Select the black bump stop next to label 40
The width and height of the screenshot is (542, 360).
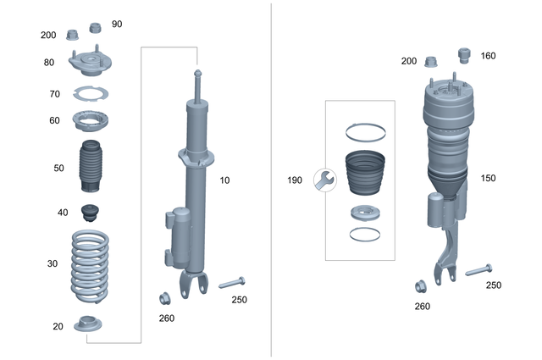coord(90,212)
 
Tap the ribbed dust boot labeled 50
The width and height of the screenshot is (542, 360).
coord(89,169)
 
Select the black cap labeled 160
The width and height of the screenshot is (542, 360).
coord(463,55)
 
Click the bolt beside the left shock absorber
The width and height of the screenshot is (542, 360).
coord(231,283)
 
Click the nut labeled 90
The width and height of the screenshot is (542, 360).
coord(96,26)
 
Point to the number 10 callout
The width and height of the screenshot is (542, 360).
coord(224,180)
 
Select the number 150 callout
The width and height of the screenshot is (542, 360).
coord(487,179)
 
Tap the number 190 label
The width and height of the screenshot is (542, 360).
coord(295,180)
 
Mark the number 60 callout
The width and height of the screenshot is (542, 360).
coord(54,120)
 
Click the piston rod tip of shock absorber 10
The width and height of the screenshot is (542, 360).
coord(197,73)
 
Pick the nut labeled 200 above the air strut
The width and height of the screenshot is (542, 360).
coord(432,62)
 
